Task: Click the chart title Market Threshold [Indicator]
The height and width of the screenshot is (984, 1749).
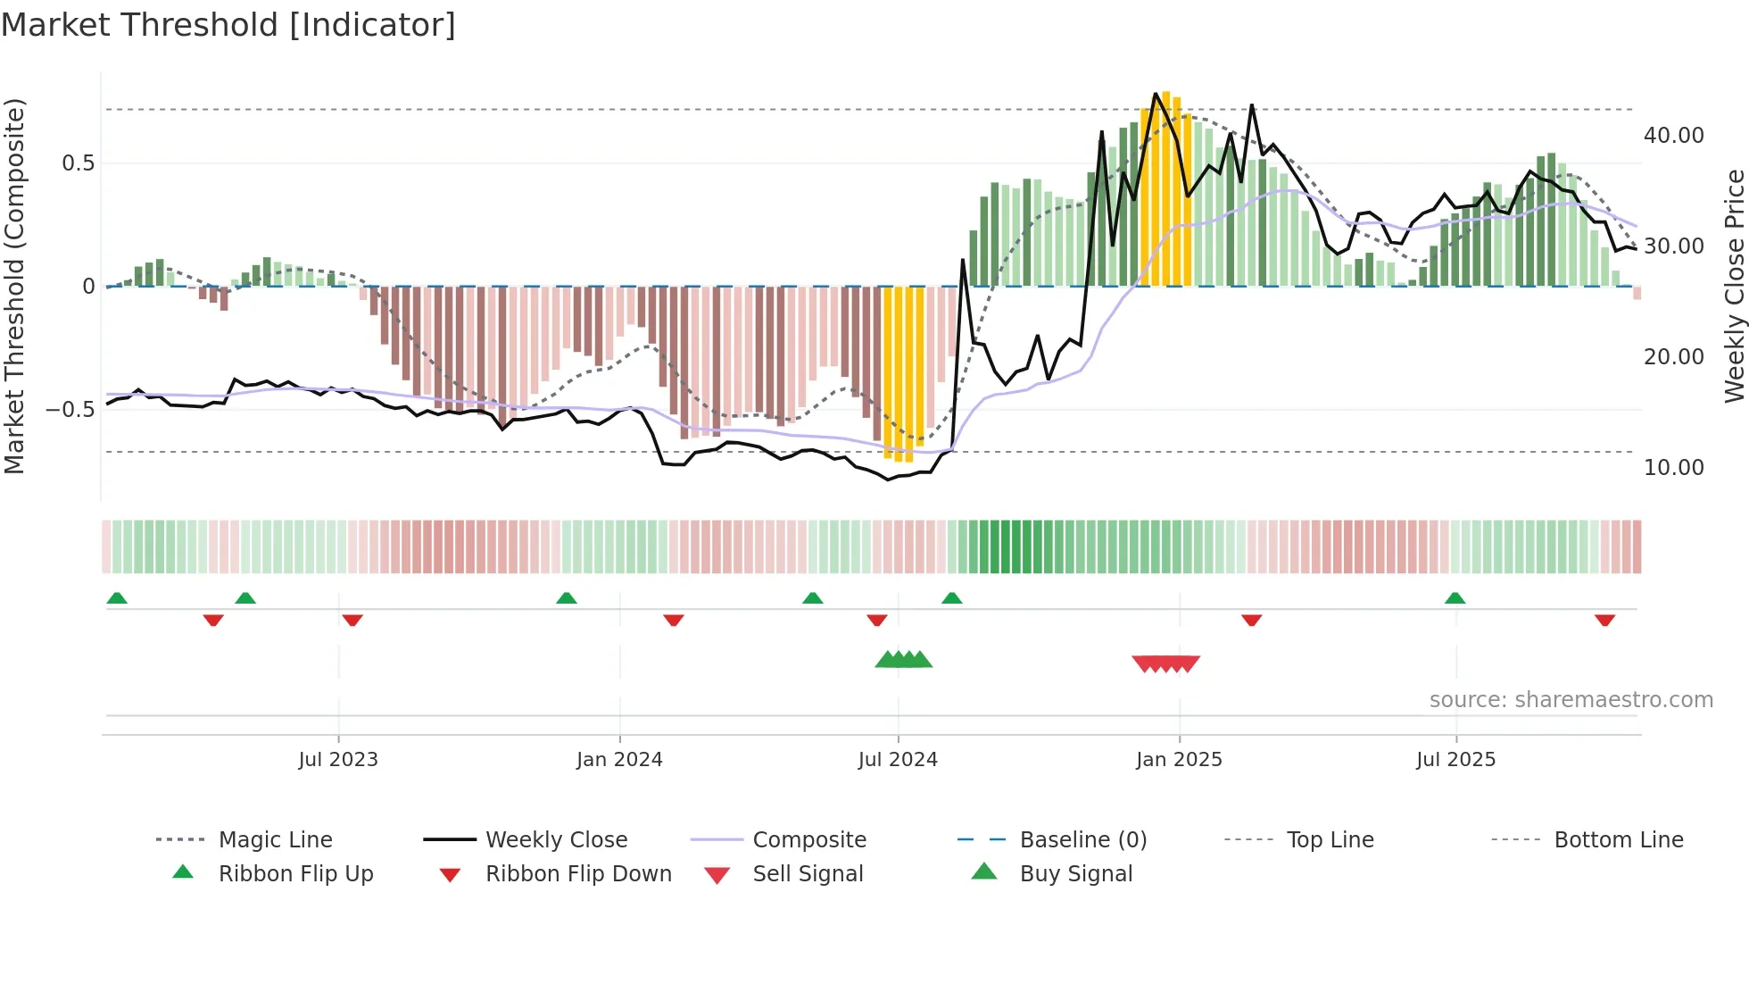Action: [228, 25]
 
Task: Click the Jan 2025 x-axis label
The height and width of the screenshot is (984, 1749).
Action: [1179, 760]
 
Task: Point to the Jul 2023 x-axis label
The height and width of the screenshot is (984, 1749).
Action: [338, 760]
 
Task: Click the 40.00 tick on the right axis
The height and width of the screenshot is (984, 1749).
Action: [1673, 135]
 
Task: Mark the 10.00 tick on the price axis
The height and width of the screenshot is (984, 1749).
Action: [1673, 467]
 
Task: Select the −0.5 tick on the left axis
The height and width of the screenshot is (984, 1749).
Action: [70, 410]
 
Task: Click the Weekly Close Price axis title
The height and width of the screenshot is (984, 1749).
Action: [1734, 286]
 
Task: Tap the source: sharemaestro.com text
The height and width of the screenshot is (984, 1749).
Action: [1571, 700]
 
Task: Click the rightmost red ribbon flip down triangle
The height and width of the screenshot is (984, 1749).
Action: [1604, 620]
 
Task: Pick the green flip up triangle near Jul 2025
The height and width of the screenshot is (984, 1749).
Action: [1455, 598]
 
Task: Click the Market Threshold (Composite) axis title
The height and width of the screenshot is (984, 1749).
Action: [14, 286]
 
